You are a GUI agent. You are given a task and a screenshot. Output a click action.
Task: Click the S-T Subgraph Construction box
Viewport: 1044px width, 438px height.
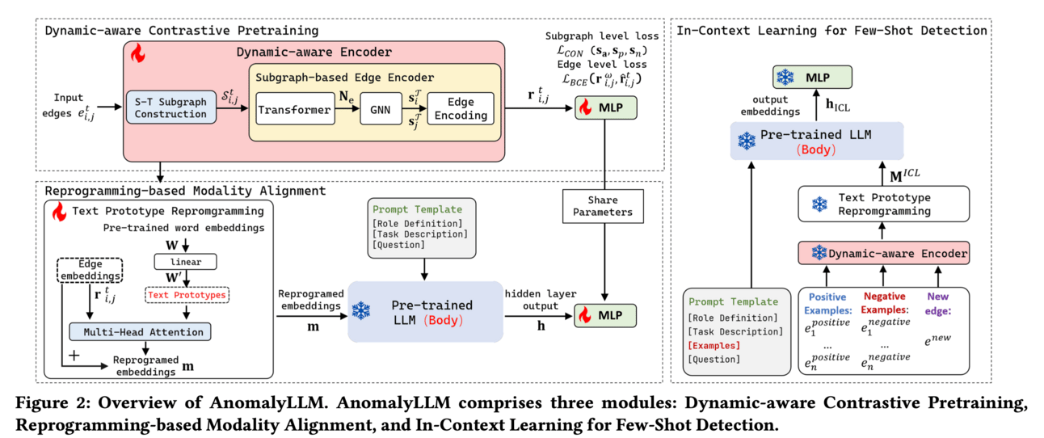point(170,108)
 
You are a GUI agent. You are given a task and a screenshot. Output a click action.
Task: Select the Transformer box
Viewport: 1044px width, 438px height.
point(294,109)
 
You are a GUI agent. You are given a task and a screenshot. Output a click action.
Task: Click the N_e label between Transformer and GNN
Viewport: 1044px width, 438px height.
point(344,95)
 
